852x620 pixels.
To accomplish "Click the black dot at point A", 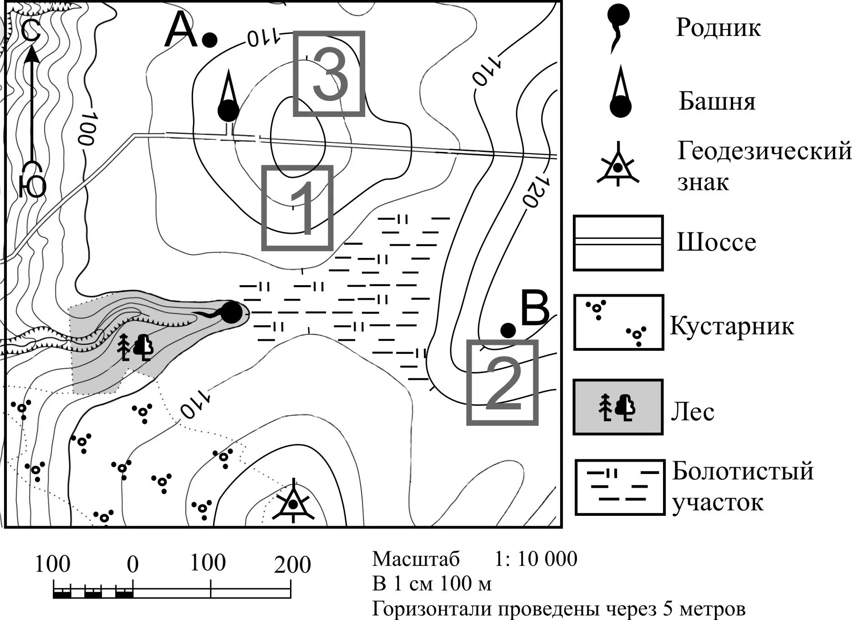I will (x=209, y=40).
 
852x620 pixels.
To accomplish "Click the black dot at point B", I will (x=508, y=330).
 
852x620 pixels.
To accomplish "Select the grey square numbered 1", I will (x=297, y=208).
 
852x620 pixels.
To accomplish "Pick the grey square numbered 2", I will (x=502, y=383).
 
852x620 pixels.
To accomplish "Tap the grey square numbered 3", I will (x=329, y=74).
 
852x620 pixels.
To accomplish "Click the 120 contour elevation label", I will (x=536, y=191).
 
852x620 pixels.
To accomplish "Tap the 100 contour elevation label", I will (x=87, y=129).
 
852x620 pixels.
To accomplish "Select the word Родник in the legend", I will (x=718, y=27).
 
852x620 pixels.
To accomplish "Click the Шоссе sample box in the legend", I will (x=618, y=243).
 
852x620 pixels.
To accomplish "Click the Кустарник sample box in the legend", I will (x=618, y=323).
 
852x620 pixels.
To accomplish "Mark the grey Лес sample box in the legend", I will (x=618, y=407).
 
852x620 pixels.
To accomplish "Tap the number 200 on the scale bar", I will (x=292, y=565).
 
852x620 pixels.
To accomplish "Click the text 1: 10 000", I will (x=536, y=559).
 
